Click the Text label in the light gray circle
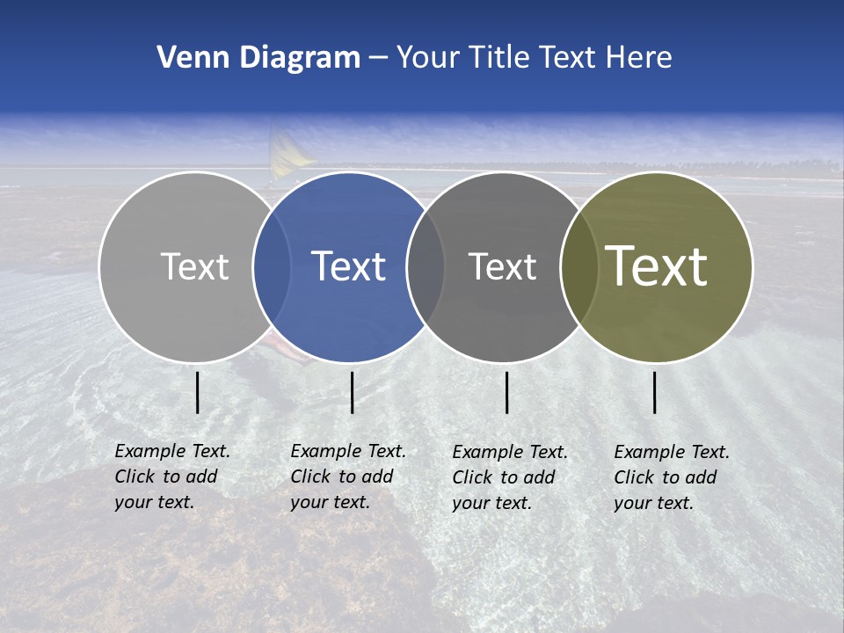coord(194,266)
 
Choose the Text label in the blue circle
coord(348,266)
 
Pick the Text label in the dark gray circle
coord(502,266)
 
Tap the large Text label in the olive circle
coord(656,266)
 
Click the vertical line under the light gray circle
coord(198,392)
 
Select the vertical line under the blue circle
coord(352,392)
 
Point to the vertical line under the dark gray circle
coord(507,392)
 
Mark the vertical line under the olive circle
coord(655,392)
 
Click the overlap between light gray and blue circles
coord(272,266)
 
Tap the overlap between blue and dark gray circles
coord(426,266)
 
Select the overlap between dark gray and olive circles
coord(579,266)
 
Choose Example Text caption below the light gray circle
coord(171,477)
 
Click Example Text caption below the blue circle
coord(347,477)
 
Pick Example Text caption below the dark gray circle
coord(509,477)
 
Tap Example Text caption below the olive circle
coord(671,477)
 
